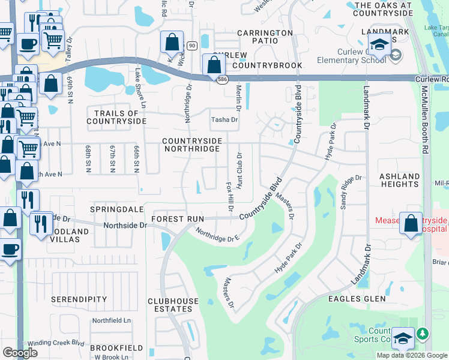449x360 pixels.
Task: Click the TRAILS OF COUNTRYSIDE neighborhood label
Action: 116,117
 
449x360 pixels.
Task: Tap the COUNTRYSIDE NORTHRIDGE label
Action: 193,145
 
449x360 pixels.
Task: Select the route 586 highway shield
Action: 221,79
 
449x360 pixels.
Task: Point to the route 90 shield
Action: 191,46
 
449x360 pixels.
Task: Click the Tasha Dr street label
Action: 224,120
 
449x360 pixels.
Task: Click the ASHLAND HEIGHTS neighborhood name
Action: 400,181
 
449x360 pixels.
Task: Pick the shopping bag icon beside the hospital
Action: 412,223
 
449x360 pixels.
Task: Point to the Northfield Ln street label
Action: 111,321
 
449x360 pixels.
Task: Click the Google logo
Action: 20,353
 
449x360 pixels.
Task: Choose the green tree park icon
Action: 423,333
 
